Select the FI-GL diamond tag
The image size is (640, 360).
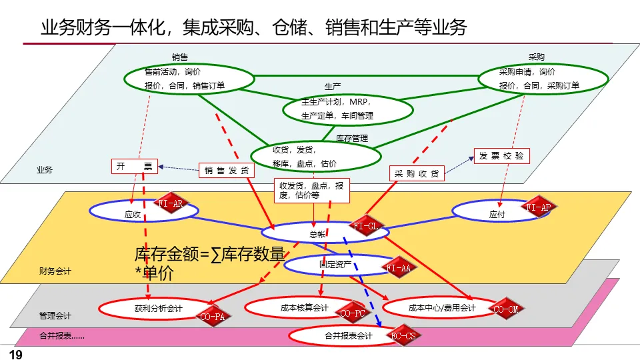[x=366, y=227]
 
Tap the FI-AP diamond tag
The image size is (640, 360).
[x=539, y=207]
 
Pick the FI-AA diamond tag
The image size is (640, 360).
[x=399, y=268]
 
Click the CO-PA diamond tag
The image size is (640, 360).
[x=213, y=317]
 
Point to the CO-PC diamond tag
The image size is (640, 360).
[x=353, y=313]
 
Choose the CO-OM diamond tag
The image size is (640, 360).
[x=506, y=309]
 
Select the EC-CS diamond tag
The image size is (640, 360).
[x=403, y=336]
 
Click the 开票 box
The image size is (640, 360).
[x=134, y=166]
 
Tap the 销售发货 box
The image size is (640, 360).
[x=227, y=171]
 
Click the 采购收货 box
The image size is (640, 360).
[x=417, y=173]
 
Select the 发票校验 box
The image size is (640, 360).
[x=501, y=156]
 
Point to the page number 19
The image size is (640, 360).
[x=15, y=355]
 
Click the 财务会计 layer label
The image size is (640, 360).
[x=55, y=271]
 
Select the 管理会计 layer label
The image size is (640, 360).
[x=55, y=315]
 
